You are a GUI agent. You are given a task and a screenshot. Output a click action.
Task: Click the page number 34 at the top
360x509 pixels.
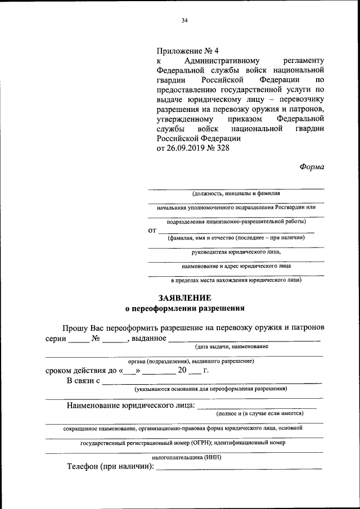(x=184, y=21)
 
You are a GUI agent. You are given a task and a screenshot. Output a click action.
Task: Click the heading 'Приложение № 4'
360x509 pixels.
(x=186, y=50)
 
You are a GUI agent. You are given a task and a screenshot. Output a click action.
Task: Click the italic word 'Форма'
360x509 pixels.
(x=310, y=166)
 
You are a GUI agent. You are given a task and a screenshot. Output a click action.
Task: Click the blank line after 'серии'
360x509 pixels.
(x=78, y=339)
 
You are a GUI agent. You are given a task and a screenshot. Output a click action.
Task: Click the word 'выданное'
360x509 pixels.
(x=148, y=338)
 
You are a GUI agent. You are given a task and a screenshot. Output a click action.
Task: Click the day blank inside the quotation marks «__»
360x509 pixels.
(x=129, y=372)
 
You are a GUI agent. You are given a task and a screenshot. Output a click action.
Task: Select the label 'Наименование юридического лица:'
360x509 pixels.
(x=131, y=405)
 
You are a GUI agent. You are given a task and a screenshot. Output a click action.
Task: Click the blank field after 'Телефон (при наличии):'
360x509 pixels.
(x=239, y=467)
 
